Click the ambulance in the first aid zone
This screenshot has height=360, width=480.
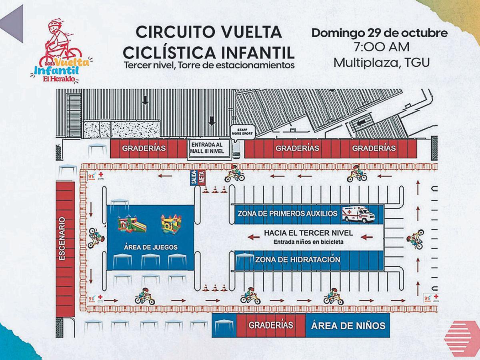358,214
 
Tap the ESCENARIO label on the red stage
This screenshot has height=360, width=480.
62,239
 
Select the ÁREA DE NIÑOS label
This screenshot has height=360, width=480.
348,325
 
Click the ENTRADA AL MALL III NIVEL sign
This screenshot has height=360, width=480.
208,148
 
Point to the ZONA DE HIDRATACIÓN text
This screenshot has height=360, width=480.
298,260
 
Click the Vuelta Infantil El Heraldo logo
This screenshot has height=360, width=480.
60,52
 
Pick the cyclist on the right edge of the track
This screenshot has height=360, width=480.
415,239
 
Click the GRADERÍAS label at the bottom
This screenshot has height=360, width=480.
271,325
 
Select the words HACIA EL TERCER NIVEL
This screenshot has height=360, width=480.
308,233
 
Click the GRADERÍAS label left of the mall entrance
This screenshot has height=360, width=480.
144,148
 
